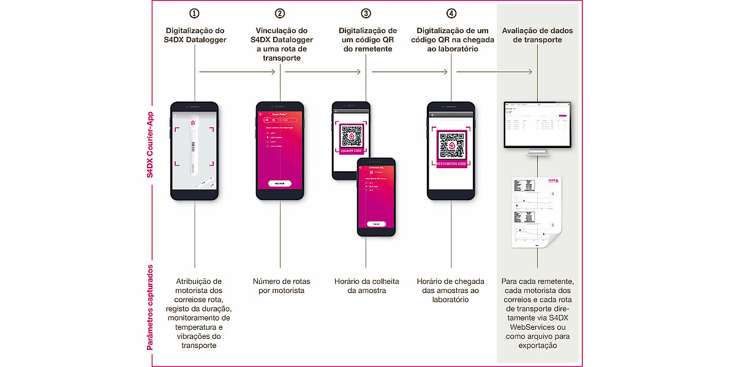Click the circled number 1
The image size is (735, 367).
tap(195, 13)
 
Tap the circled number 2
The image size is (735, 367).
tap(280, 13)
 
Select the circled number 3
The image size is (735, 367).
tap(366, 13)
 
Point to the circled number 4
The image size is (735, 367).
tap(451, 13)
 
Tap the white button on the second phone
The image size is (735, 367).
tap(280, 183)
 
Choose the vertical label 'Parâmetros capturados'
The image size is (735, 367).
tap(150, 306)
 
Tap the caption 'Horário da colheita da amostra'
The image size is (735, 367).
tap(366, 286)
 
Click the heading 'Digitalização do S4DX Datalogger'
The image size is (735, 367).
tap(195, 35)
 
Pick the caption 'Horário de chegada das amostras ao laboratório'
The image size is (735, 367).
tap(451, 290)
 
